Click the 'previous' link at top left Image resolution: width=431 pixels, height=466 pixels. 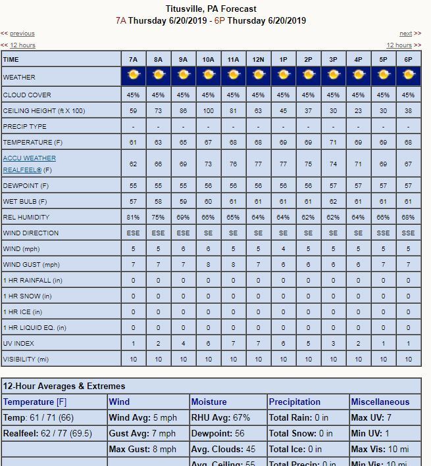pyautogui.click(x=22, y=34)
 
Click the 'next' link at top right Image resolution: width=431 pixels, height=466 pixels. pyautogui.click(x=406, y=34)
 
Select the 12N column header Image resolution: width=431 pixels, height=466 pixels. pyautogui.click(x=258, y=59)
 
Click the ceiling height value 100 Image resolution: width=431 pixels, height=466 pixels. pyautogui.click(x=208, y=111)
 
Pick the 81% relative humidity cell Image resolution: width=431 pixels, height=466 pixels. pyautogui.click(x=134, y=217)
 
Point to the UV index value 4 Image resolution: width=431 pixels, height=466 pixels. pyautogui.click(x=184, y=344)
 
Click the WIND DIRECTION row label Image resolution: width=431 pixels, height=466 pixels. pyautogui.click(x=31, y=233)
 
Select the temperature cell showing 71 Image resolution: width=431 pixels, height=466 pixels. pyautogui.click(x=333, y=143)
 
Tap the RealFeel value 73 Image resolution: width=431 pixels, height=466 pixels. pyautogui.click(x=208, y=164)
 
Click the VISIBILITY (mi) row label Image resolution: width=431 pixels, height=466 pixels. pyautogui.click(x=26, y=360)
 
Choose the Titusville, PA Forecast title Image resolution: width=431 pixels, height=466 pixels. pyautogui.click(x=211, y=9)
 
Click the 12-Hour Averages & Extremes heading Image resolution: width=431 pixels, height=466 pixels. pyautogui.click(x=64, y=386)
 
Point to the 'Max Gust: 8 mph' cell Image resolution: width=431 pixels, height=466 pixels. pyautogui.click(x=143, y=450)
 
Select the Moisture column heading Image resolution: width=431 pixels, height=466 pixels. pyautogui.click(x=209, y=402)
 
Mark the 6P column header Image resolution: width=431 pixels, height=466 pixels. pyautogui.click(x=408, y=59)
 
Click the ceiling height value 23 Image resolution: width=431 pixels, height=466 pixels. pyautogui.click(x=358, y=111)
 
